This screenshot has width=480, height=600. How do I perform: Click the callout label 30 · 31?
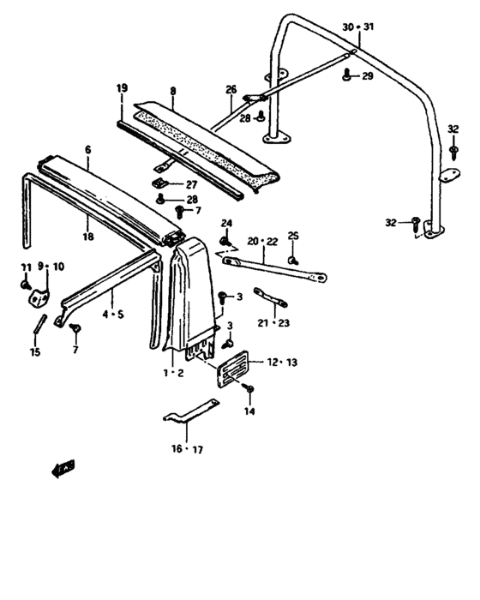(x=358, y=27)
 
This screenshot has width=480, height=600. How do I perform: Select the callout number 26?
(x=231, y=89)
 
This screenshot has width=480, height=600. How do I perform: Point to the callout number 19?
(x=122, y=88)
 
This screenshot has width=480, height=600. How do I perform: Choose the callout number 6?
(x=87, y=149)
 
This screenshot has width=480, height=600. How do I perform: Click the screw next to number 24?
(x=225, y=243)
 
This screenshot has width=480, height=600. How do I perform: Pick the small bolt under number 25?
(x=292, y=258)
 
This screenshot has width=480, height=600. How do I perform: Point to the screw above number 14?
(x=249, y=390)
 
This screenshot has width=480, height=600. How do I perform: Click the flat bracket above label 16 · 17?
(x=189, y=416)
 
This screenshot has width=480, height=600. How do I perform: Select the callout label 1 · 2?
(x=173, y=373)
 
